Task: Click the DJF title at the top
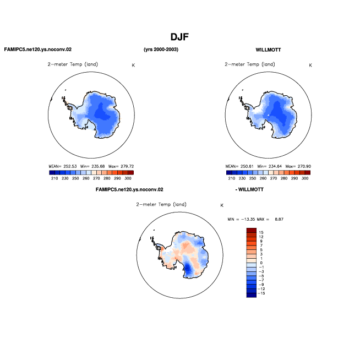(x=179, y=37)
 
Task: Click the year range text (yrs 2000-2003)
(x=161, y=50)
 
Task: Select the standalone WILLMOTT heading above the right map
(x=268, y=50)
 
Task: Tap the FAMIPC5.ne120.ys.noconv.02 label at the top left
(x=38, y=50)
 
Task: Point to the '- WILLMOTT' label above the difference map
(x=249, y=189)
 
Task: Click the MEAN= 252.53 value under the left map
(x=62, y=166)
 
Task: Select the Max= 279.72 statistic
(x=121, y=166)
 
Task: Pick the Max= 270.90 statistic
(x=298, y=166)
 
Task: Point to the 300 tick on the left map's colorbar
(x=128, y=178)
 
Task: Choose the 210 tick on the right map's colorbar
(x=231, y=178)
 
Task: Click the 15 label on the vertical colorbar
(x=261, y=232)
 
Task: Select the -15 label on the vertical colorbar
(x=261, y=293)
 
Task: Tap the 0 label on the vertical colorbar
(x=261, y=263)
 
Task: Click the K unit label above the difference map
(x=222, y=205)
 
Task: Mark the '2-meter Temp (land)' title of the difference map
(x=161, y=204)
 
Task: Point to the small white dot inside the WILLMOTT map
(x=269, y=115)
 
